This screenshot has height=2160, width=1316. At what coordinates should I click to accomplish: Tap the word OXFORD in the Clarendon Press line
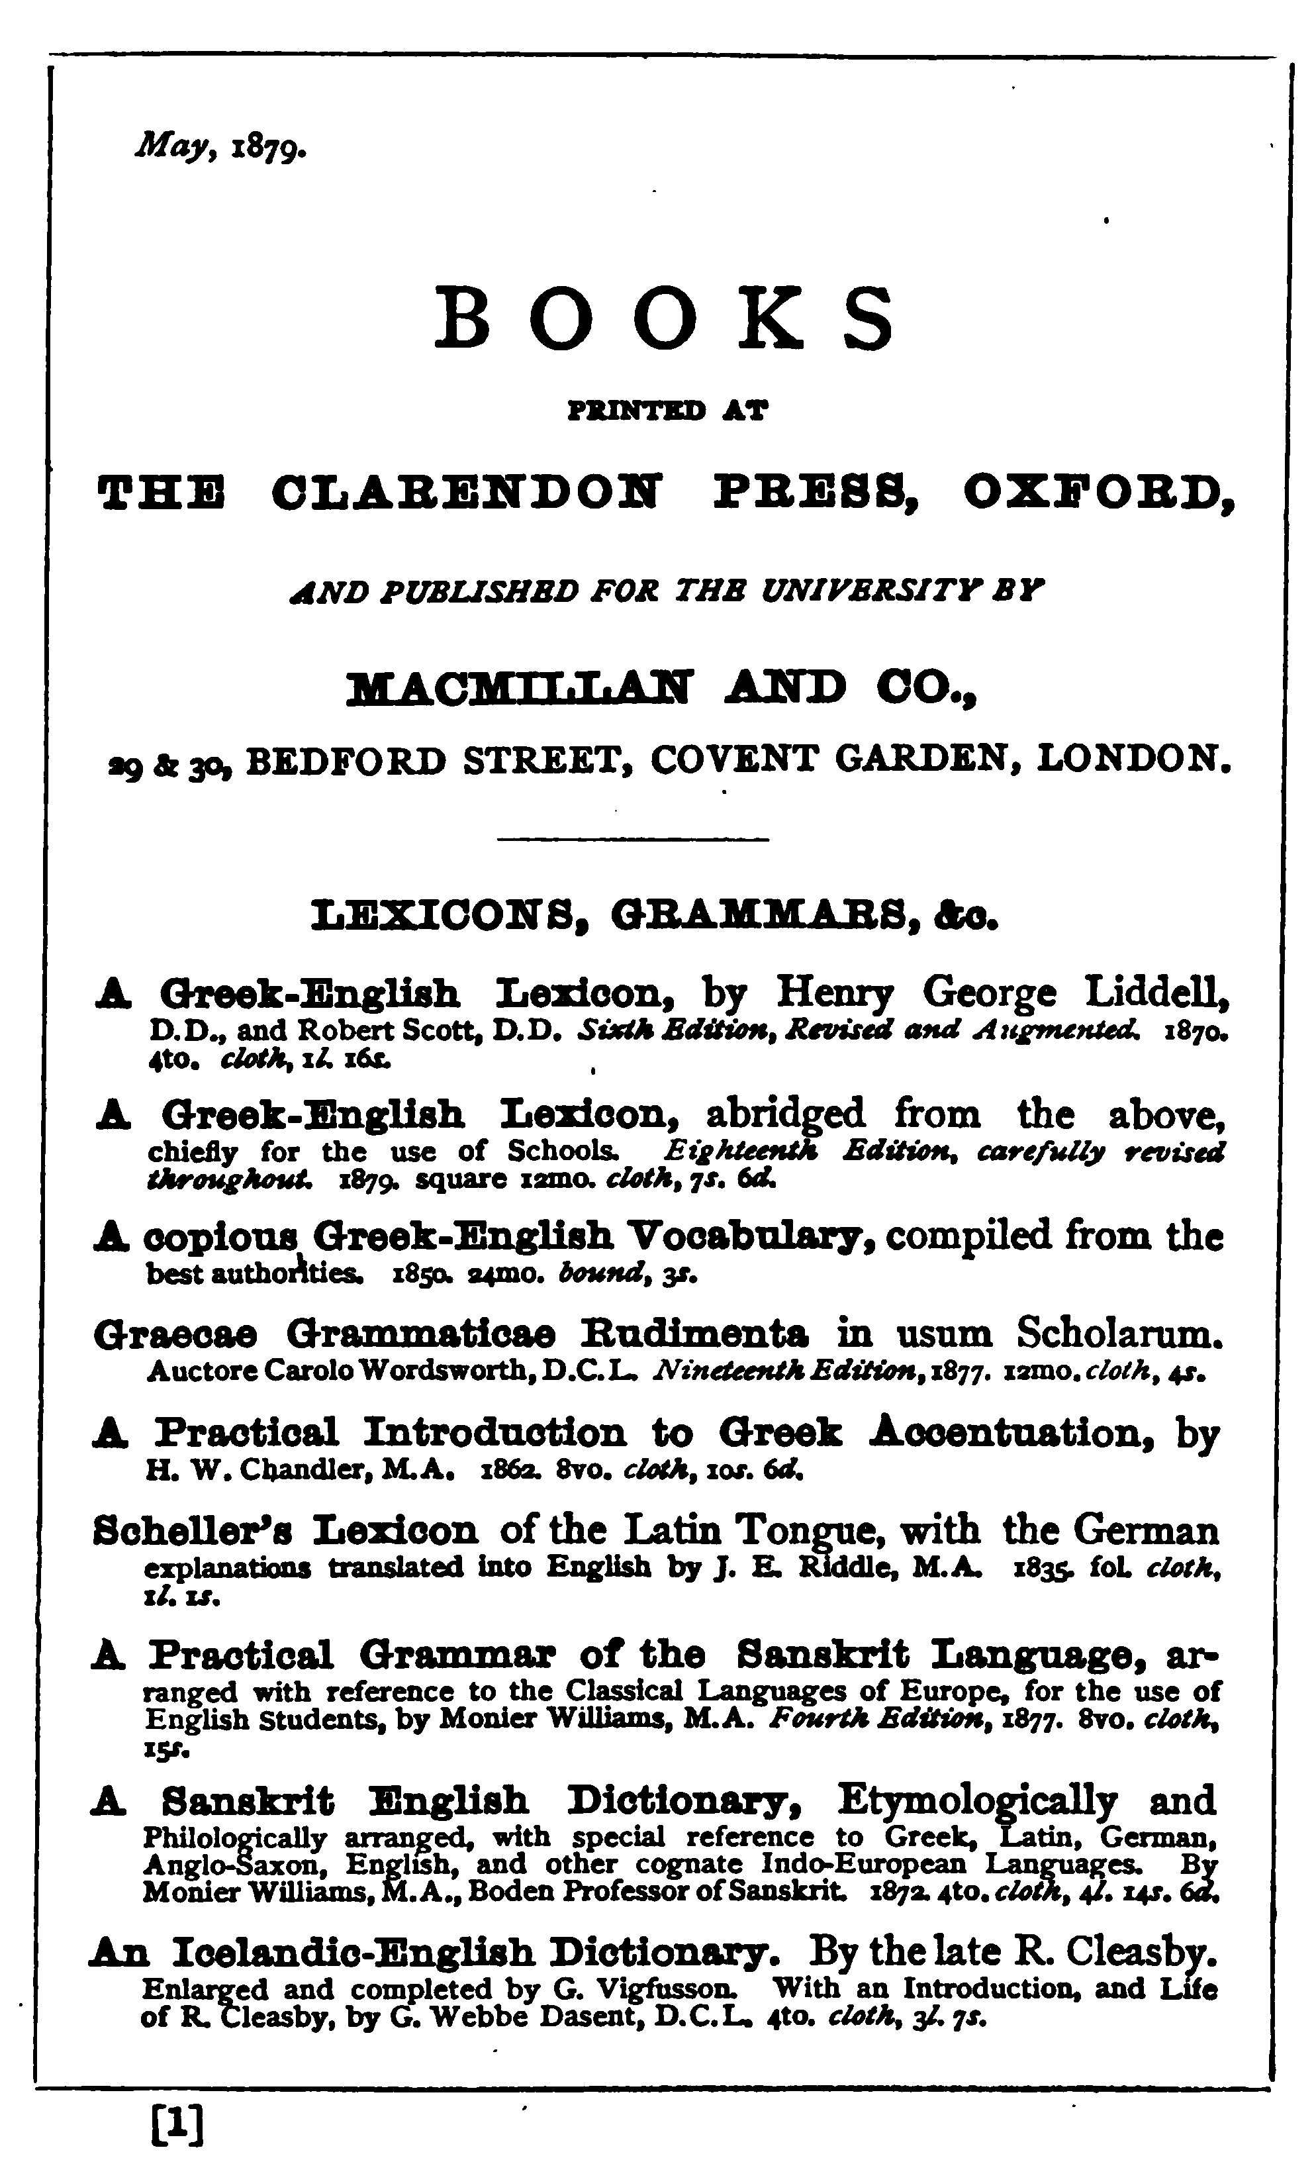pyautogui.click(x=1097, y=492)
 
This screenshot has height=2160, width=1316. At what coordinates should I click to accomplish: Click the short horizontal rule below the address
pyautogui.click(x=633, y=841)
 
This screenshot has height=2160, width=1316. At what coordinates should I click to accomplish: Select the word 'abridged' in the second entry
pyautogui.click(x=785, y=1115)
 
